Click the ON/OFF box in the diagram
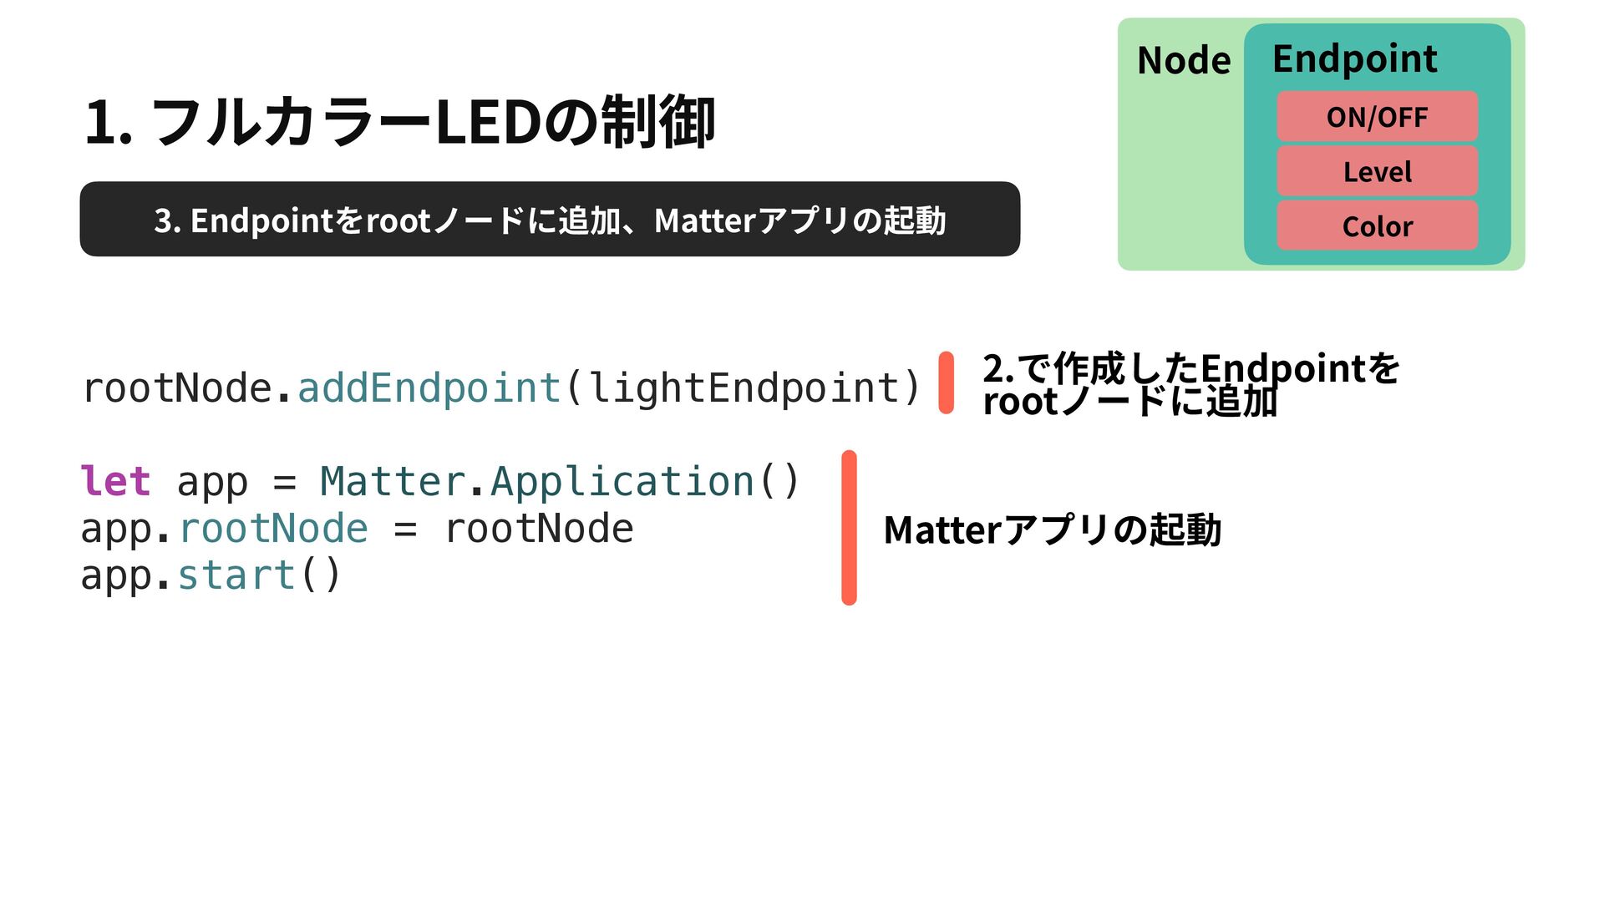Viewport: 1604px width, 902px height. [x=1377, y=117]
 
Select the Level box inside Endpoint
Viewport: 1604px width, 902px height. [x=1377, y=171]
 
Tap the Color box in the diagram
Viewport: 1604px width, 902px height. [x=1377, y=225]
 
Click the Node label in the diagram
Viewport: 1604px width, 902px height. [x=1184, y=60]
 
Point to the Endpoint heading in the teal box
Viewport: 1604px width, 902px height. [x=1354, y=58]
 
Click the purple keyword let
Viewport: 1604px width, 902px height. [x=115, y=482]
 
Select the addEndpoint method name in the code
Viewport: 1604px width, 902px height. [x=429, y=388]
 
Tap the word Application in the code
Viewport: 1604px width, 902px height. [x=622, y=482]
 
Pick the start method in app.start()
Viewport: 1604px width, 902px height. [x=236, y=575]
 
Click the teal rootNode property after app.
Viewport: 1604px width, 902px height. [x=273, y=529]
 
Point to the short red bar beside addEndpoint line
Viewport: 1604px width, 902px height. [x=946, y=383]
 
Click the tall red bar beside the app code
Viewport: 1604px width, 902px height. [x=849, y=527]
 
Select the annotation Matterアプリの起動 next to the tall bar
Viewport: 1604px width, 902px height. [x=1052, y=530]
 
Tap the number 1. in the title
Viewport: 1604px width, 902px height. [x=108, y=123]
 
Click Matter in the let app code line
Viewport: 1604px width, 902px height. [x=393, y=482]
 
